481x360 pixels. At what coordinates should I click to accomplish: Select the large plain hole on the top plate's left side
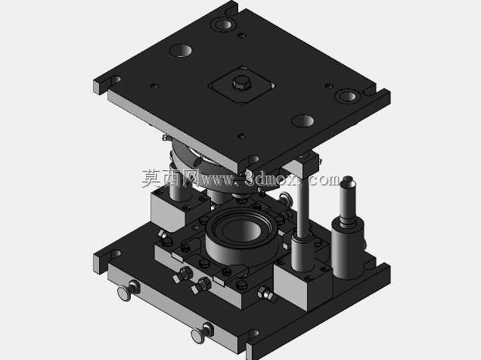pos(181,50)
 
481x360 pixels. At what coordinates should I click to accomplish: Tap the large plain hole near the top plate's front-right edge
pos(303,120)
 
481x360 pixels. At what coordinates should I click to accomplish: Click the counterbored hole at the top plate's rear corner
pos(224,23)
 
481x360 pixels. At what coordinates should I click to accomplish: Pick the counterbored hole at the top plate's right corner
pos(347,96)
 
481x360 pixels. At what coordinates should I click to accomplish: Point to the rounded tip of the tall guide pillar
pos(348,180)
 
